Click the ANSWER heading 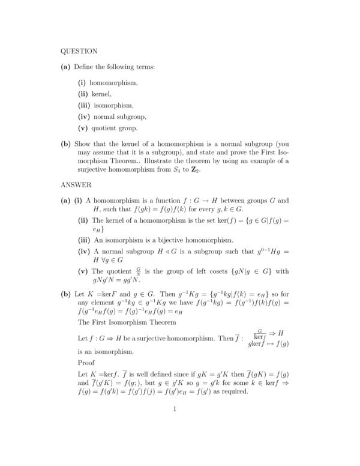pyautogui.click(x=76, y=185)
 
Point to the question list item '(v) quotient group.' pyautogui.click(x=108, y=128)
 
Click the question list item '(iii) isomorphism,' pyautogui.click(x=106, y=106)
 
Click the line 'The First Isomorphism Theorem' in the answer pyautogui.click(x=127, y=322)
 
